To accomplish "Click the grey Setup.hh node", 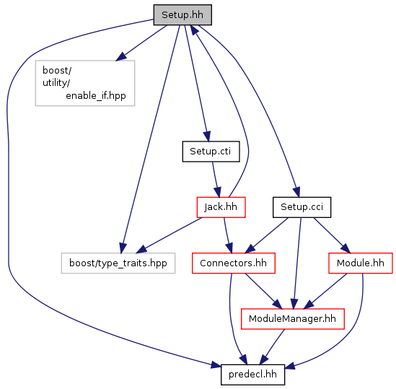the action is (182, 15).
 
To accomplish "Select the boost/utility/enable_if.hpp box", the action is (85, 83).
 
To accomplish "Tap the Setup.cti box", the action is (211, 152).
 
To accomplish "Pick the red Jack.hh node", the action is (221, 207).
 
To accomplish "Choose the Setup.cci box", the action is (302, 207).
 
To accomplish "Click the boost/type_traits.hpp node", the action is (118, 263).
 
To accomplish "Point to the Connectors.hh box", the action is (234, 263).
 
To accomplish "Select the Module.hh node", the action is (361, 263).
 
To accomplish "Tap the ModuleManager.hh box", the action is (293, 319).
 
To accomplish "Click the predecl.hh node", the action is (252, 375).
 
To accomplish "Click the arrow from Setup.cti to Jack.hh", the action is (216, 180).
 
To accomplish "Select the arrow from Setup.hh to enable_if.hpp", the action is (141, 43).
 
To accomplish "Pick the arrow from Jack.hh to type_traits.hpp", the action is (170, 235).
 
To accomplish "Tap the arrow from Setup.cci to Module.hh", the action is (332, 235).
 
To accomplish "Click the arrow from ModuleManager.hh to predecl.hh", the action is (272, 347).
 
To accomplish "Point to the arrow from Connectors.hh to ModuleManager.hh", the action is (263, 291).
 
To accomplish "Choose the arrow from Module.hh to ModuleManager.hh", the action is (325, 291).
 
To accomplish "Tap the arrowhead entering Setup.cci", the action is (296, 192).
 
